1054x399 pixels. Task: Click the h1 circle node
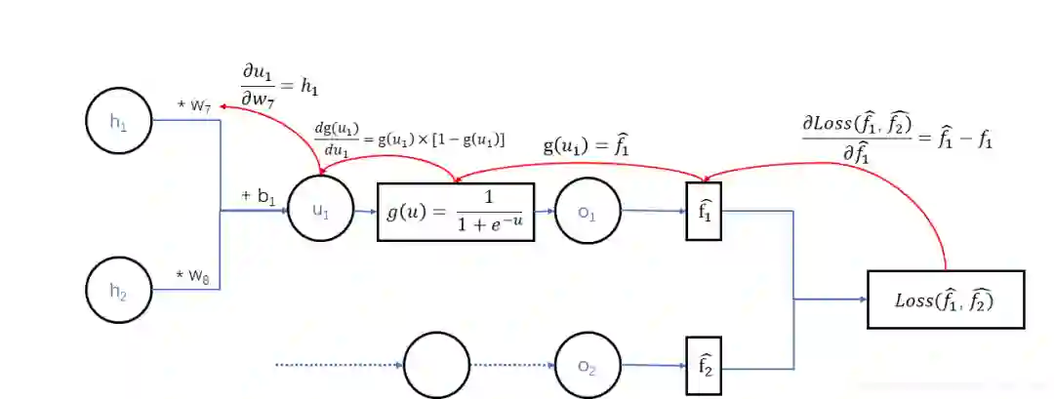[x=119, y=121]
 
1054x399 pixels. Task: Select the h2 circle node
[x=119, y=290]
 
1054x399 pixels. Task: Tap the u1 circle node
[x=321, y=210]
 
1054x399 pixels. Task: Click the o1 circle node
[x=587, y=210]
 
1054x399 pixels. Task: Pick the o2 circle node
[x=587, y=366]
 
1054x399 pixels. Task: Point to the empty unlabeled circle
[x=436, y=366]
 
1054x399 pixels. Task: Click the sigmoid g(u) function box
[x=456, y=211]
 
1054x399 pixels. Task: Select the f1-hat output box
[x=705, y=210]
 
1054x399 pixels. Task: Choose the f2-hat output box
[x=705, y=366]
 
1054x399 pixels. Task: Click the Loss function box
[x=945, y=299]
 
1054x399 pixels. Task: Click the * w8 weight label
[x=192, y=277]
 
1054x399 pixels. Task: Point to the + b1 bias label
[x=259, y=196]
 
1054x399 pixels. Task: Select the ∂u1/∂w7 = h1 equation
[x=280, y=87]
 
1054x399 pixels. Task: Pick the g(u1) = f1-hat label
[x=586, y=146]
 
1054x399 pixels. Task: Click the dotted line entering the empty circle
[x=337, y=366]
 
